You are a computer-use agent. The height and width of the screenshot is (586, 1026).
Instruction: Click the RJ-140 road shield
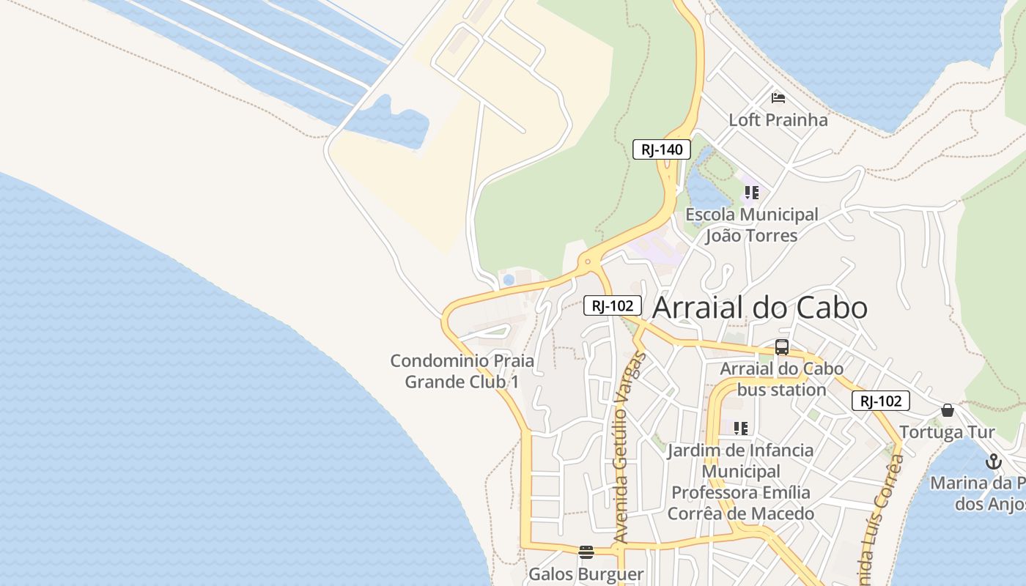pyautogui.click(x=662, y=149)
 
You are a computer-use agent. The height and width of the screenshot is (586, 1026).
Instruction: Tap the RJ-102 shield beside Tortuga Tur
pyautogui.click(x=880, y=401)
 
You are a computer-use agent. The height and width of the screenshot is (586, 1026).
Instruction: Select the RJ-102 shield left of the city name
pyautogui.click(x=613, y=305)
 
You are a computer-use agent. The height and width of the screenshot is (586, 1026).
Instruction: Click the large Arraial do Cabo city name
pyautogui.click(x=759, y=308)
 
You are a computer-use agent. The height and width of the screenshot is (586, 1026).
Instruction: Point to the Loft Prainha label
pyautogui.click(x=778, y=119)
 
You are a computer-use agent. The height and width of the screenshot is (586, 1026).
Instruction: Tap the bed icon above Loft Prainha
pyautogui.click(x=778, y=97)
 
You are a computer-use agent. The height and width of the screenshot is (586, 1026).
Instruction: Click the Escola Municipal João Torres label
pyautogui.click(x=751, y=225)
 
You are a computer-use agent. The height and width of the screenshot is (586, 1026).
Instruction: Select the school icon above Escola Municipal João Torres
pyautogui.click(x=751, y=193)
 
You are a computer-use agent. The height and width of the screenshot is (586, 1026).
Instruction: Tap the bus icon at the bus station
pyautogui.click(x=782, y=347)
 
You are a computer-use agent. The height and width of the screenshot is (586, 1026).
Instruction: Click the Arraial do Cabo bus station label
pyautogui.click(x=781, y=379)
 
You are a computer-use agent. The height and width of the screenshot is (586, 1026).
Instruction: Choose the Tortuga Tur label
pyautogui.click(x=947, y=431)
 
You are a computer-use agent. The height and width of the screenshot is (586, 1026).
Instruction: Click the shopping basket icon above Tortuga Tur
pyautogui.click(x=948, y=410)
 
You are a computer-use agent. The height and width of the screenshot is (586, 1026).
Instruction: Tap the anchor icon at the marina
pyautogui.click(x=993, y=461)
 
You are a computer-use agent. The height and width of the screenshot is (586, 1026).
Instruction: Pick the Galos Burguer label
pyautogui.click(x=586, y=574)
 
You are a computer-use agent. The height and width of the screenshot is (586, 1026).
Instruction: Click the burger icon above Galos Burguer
pyautogui.click(x=586, y=552)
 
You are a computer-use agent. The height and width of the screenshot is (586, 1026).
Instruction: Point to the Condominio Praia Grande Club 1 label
pyautogui.click(x=462, y=371)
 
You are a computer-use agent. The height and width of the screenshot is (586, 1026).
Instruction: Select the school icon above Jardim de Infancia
pyautogui.click(x=741, y=428)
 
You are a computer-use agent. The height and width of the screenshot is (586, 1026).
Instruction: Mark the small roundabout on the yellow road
pyautogui.click(x=587, y=262)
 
